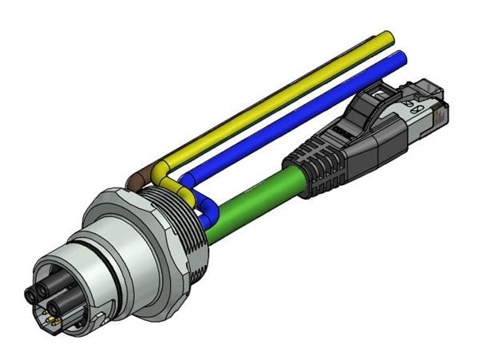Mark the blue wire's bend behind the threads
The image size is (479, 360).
coord(186,177)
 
